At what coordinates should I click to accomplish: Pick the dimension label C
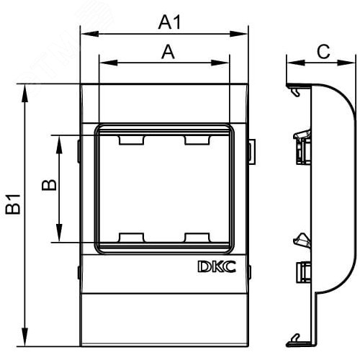pos(324,51)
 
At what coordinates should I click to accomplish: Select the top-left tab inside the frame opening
pos(130,140)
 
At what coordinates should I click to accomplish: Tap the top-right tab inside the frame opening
pos(196,140)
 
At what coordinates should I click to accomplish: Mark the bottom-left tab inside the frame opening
pos(130,237)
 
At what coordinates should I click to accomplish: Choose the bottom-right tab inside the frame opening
pos(196,237)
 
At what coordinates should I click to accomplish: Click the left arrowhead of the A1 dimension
pos(84,32)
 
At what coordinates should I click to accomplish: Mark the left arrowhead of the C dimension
pos(290,62)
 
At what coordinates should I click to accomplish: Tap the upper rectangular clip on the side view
pos(302,149)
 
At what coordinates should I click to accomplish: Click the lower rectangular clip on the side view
pos(302,271)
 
